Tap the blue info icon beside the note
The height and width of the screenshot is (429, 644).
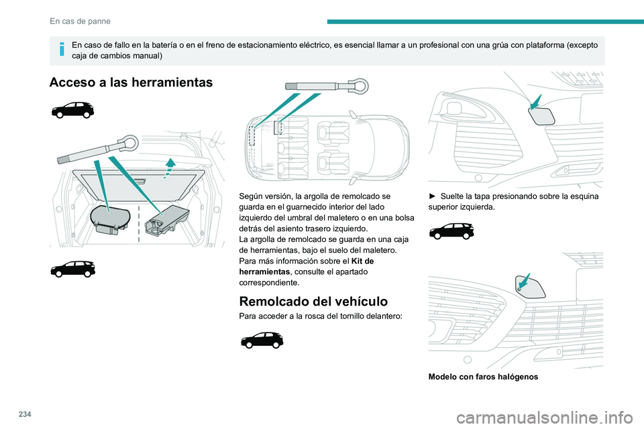pyautogui.click(x=62, y=48)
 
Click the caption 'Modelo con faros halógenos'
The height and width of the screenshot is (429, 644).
pyautogui.click(x=475, y=377)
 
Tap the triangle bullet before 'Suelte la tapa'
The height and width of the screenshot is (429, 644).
pyautogui.click(x=433, y=196)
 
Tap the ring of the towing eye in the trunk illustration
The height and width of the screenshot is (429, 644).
pyautogui.click(x=129, y=143)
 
